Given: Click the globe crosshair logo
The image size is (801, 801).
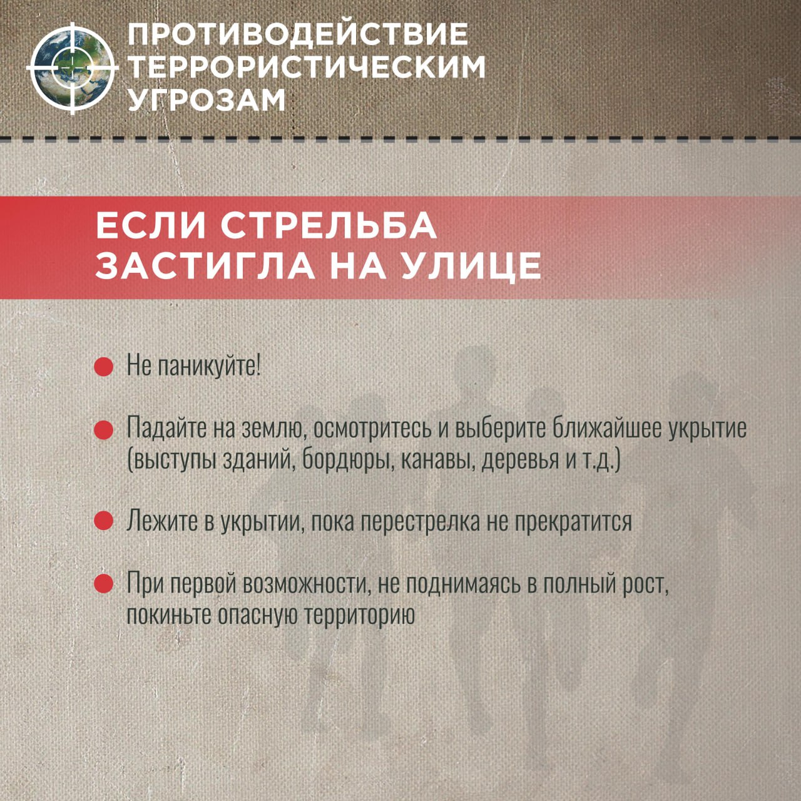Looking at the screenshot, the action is click(73, 68).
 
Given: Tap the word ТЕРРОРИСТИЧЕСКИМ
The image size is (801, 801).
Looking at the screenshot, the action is click(307, 66).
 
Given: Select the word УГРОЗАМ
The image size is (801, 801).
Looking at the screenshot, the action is click(207, 99).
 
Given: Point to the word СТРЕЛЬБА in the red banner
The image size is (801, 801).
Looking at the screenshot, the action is click(329, 226).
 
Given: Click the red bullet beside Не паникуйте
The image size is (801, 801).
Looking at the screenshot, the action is click(104, 367).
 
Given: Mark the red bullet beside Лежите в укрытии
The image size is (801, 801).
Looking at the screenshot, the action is click(104, 521).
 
